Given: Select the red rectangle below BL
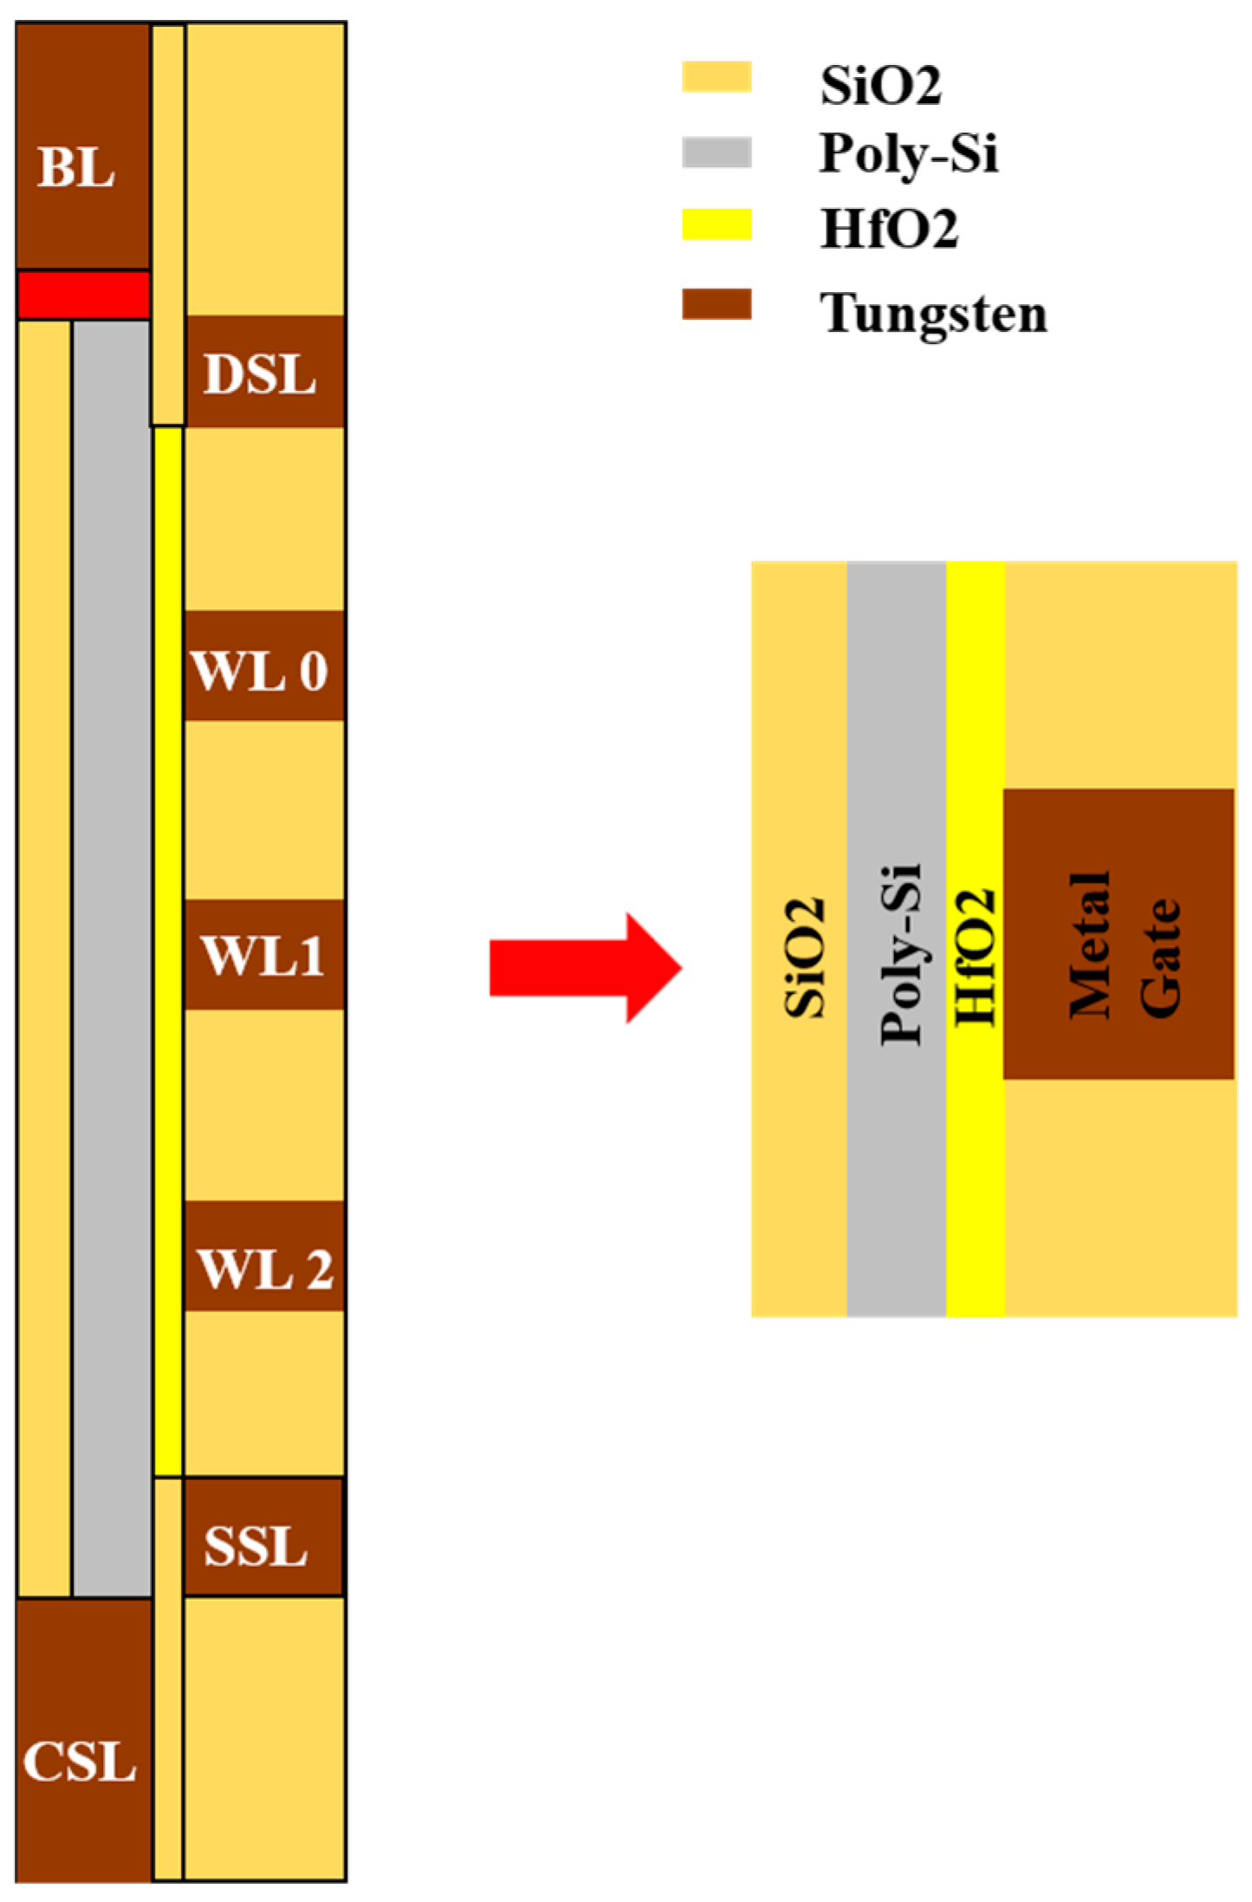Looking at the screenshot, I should [83, 295].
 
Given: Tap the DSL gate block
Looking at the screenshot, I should [264, 372].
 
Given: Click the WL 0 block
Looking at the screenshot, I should [264, 665].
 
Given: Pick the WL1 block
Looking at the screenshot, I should [264, 954].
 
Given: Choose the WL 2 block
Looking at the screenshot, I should [264, 1256].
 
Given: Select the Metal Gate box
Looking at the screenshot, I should [1119, 934].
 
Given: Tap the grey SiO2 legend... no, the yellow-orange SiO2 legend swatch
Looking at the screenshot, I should [716, 76].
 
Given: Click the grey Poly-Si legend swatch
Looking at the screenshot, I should [716, 153].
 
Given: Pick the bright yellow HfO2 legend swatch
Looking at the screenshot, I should [716, 224].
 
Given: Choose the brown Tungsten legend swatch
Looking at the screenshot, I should [716, 304].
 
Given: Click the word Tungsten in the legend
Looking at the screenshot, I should [933, 314].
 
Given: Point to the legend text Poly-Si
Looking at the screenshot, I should [908, 154].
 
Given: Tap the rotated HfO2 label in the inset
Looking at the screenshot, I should [976, 957].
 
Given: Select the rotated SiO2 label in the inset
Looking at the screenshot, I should [804, 957].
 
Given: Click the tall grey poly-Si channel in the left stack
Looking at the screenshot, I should [111, 953].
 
